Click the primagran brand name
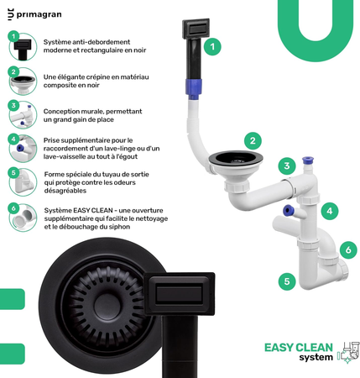coord(39,14)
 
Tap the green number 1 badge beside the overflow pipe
coord(212,46)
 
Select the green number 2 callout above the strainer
coord(253,140)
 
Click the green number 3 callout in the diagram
coord(287,165)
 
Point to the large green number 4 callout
coord(330,211)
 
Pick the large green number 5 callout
coord(287,281)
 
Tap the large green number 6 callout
coord(348,249)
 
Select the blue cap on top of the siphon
coord(308,160)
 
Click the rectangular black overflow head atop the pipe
coord(196,29)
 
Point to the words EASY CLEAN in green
coord(299,348)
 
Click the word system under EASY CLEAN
coord(316,358)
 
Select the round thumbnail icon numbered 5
coord(23,182)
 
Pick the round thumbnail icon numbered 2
coord(23,81)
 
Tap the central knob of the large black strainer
coord(108,305)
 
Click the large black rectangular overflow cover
coord(180,294)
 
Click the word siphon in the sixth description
coord(122,227)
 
